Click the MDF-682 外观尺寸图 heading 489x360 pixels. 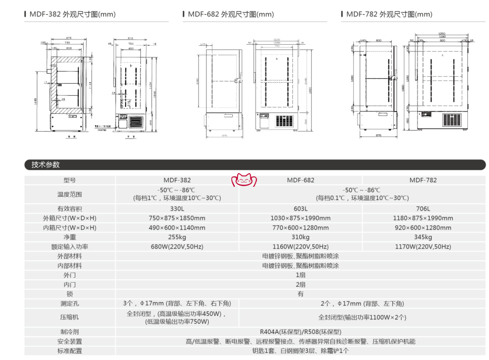point(230,15)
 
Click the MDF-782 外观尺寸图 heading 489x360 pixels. point(389,15)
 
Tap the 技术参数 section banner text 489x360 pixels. point(46,165)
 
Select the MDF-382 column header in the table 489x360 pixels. point(177,180)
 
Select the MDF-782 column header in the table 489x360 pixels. point(423,180)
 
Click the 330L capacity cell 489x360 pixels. point(177,208)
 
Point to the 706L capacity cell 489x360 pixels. point(423,208)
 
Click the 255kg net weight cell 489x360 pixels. point(177,237)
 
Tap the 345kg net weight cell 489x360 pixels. point(423,237)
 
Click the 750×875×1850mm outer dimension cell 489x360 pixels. point(177,218)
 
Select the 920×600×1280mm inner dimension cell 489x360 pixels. point(423,227)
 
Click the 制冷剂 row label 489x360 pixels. point(69,332)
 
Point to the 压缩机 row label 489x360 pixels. point(69,317)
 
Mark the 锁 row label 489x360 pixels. point(69,294)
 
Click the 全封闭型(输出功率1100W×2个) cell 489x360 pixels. point(362,317)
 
